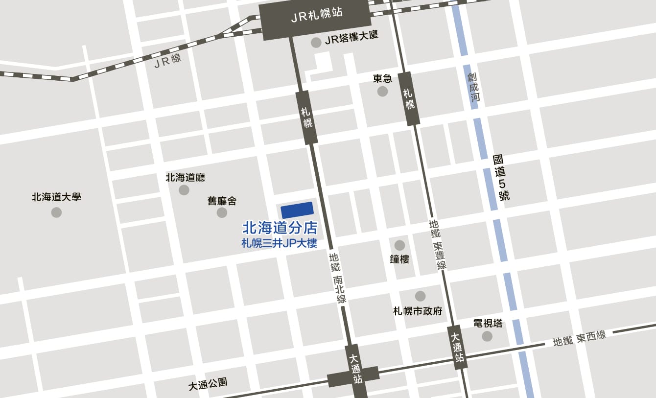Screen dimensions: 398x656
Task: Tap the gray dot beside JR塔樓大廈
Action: point(316,43)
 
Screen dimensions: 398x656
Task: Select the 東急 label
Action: point(382,78)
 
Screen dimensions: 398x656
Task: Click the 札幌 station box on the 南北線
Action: point(307,117)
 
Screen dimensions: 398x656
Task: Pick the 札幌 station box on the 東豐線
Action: point(409,98)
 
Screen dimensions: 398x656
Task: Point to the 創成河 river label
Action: point(473,87)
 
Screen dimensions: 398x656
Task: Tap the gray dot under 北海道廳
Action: point(184,190)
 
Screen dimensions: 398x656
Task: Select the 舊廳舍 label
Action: point(222,201)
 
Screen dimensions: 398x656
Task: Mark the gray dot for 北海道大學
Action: point(56,212)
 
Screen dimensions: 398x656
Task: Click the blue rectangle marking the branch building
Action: point(297,210)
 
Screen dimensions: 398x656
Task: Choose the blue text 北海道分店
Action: point(280,228)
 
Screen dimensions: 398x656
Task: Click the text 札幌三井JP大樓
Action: point(280,243)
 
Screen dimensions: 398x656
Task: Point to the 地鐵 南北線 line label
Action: point(338,278)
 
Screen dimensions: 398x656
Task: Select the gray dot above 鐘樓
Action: point(399,245)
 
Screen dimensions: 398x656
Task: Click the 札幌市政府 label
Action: point(418,311)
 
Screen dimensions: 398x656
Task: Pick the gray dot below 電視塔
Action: point(487,336)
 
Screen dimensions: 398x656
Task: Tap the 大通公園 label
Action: point(208,384)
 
